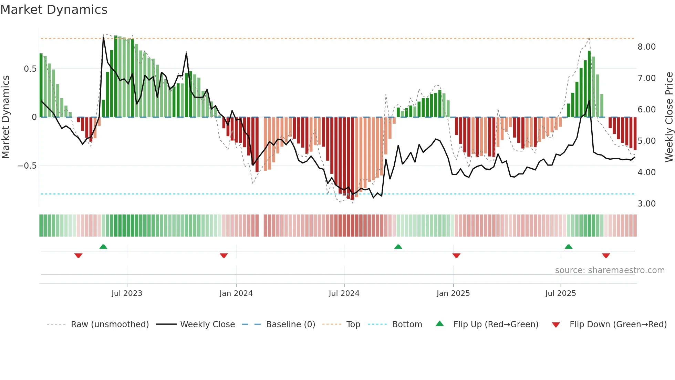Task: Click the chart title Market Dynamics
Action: pos(54,10)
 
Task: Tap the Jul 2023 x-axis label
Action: pos(127,293)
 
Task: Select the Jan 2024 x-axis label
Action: pos(236,293)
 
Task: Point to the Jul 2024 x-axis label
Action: pos(344,293)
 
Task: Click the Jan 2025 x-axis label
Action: pos(453,293)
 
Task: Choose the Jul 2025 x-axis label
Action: pos(560,293)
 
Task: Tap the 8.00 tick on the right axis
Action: pos(646,47)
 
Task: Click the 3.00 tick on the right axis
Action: pos(646,204)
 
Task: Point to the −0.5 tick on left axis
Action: pos(27,166)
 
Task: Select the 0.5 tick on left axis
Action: pos(30,69)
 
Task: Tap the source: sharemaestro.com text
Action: pos(610,270)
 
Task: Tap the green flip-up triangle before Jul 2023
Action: pos(103,247)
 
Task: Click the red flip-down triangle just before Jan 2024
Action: pos(224,256)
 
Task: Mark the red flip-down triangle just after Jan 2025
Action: pos(456,256)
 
